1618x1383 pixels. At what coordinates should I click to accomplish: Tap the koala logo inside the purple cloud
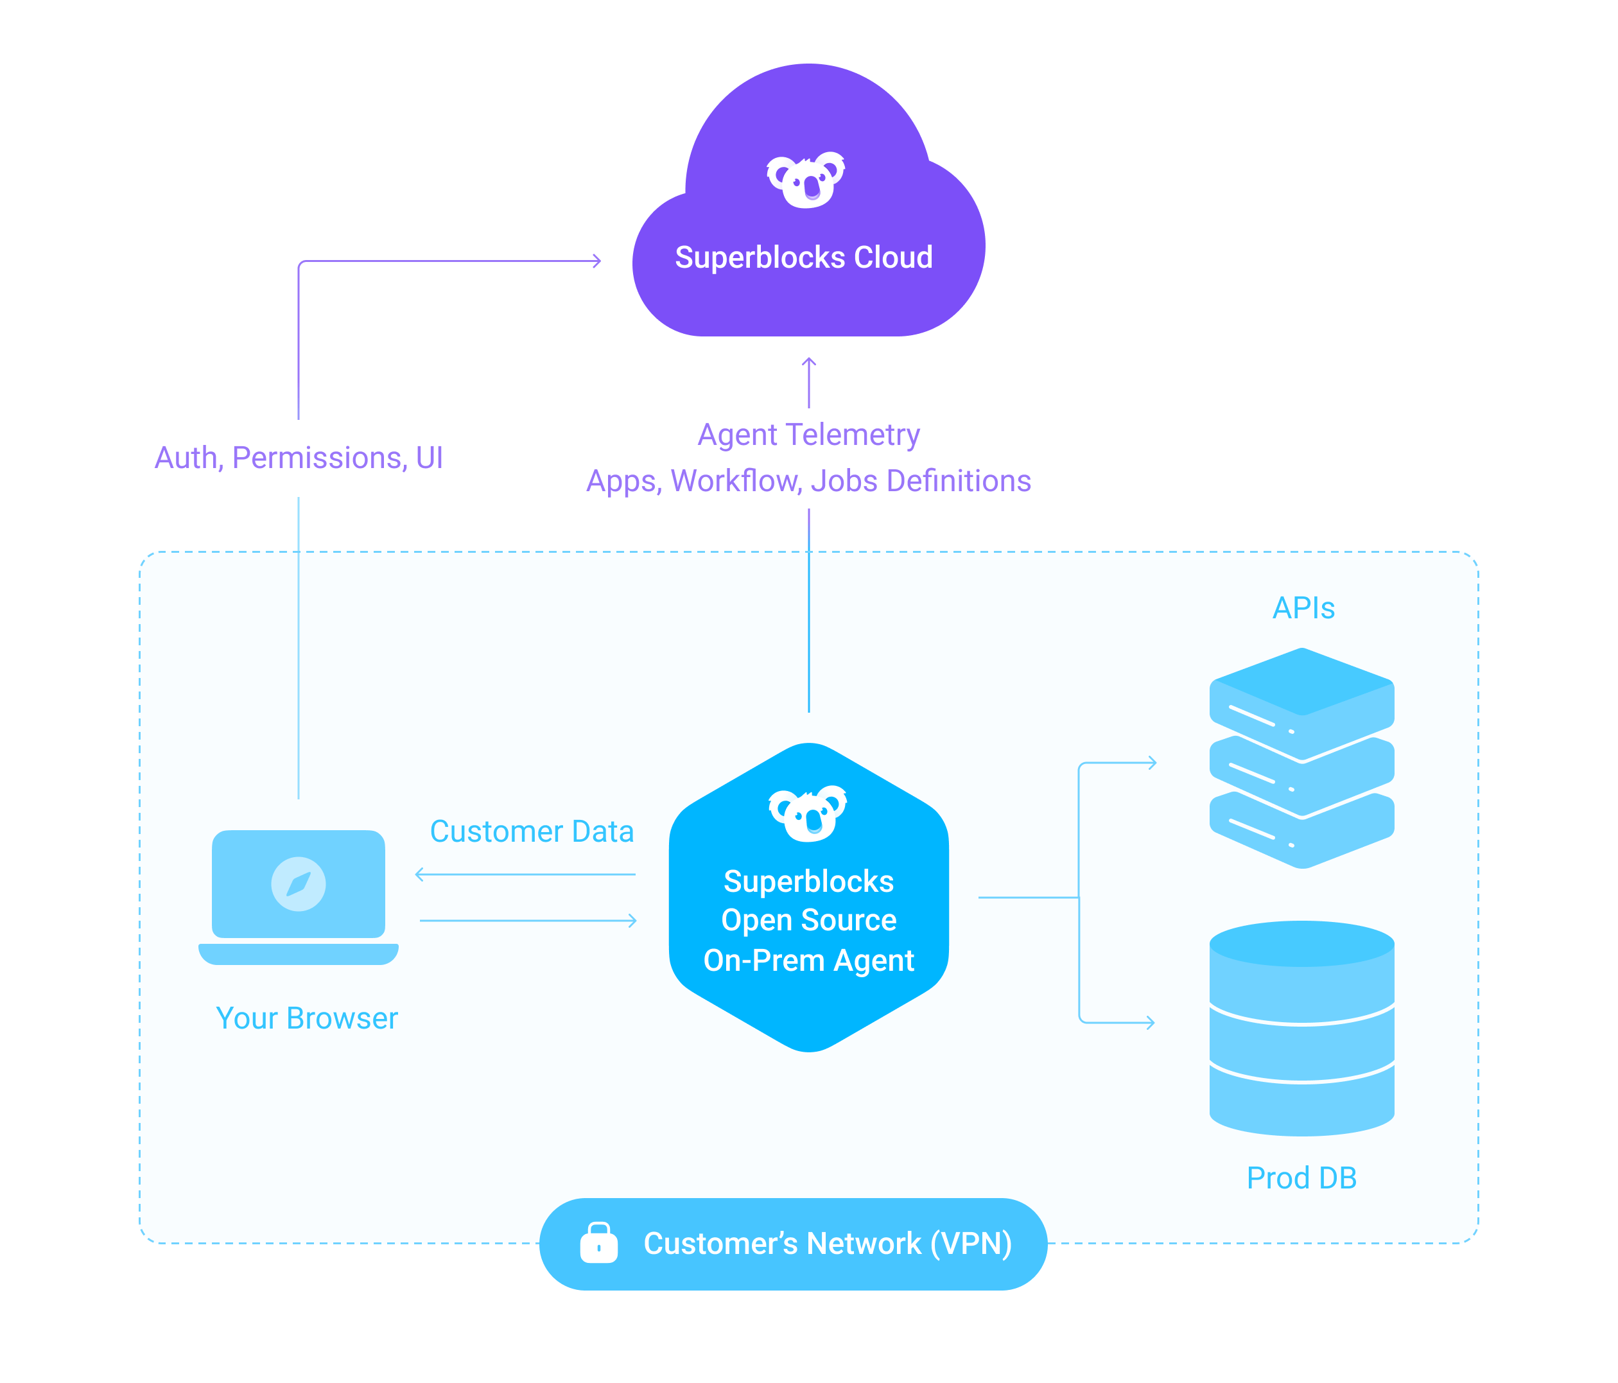(806, 180)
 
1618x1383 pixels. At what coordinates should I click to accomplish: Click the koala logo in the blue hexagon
(808, 813)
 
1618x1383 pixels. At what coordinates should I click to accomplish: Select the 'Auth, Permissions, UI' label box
(299, 458)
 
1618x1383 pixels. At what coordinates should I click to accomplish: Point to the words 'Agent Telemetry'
(808, 434)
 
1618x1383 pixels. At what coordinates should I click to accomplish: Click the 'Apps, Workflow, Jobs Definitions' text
(808, 481)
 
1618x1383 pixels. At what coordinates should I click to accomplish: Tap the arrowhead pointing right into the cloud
(597, 261)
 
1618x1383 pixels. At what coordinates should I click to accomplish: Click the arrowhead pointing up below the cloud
(809, 361)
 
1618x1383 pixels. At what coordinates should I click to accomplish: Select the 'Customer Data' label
(531, 831)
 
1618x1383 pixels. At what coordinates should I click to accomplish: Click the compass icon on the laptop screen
(299, 884)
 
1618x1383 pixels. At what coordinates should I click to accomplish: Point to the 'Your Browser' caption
(306, 1018)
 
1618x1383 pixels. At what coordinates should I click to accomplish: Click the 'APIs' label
(1303, 607)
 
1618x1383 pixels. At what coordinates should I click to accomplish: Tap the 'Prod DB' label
(1301, 1178)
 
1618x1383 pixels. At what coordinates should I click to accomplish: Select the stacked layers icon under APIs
(1301, 758)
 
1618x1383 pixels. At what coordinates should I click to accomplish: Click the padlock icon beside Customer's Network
(599, 1242)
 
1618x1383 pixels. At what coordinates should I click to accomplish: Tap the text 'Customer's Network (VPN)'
(827, 1243)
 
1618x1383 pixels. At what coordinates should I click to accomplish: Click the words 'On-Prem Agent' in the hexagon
(808, 961)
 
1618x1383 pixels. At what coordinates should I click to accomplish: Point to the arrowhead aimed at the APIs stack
(1153, 763)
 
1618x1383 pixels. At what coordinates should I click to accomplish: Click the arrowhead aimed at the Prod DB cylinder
(1151, 1022)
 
